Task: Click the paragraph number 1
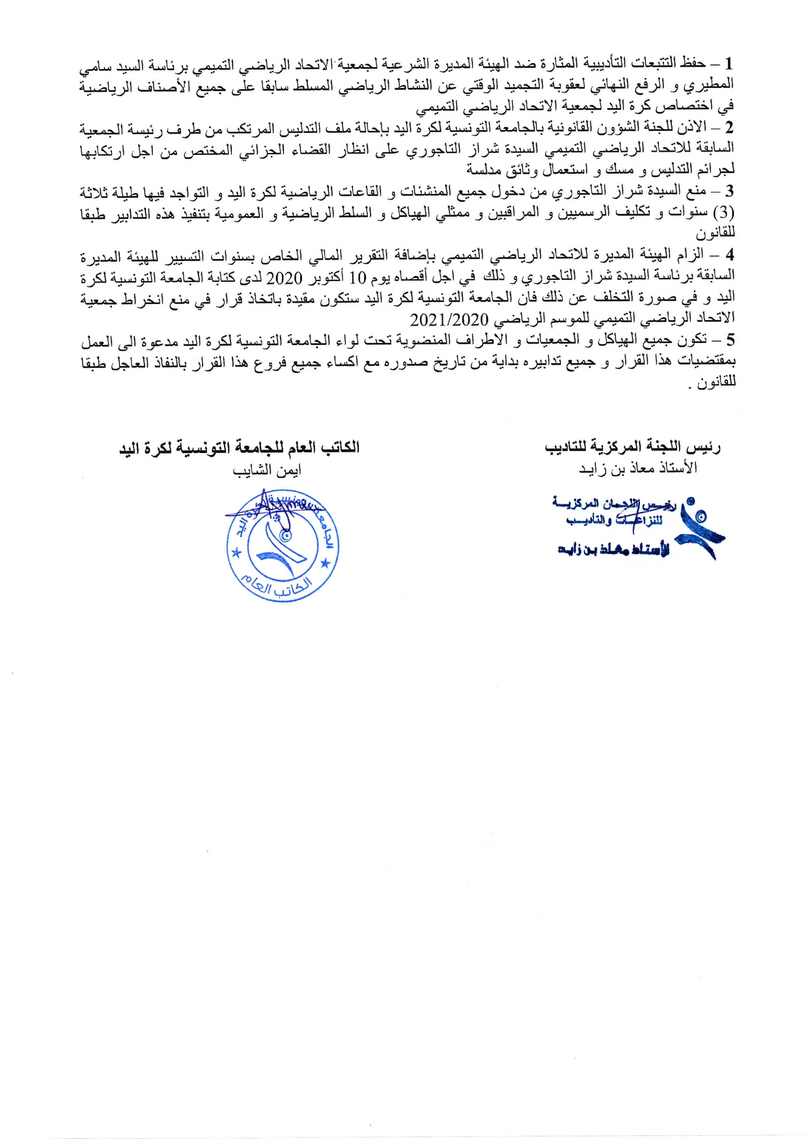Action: point(729,64)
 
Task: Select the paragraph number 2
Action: point(729,127)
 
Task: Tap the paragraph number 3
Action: point(729,191)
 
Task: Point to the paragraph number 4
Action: point(729,254)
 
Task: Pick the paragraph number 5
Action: point(729,340)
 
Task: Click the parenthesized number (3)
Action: point(724,213)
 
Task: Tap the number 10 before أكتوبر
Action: point(357,278)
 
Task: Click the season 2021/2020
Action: point(449,320)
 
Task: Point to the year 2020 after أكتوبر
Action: point(285,278)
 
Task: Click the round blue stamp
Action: point(283,545)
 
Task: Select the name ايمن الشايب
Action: point(267,470)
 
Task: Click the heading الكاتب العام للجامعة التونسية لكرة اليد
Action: point(239,448)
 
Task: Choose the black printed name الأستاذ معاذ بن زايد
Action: point(637,468)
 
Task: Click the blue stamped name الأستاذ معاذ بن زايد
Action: point(613,550)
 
